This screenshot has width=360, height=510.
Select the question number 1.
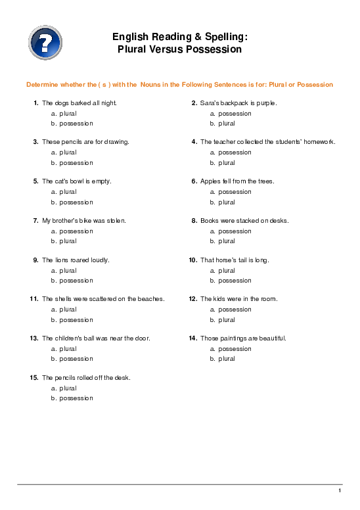35,103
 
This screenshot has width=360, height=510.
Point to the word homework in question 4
320,142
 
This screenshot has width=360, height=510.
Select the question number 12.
193,299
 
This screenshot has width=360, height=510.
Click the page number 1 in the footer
340,491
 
